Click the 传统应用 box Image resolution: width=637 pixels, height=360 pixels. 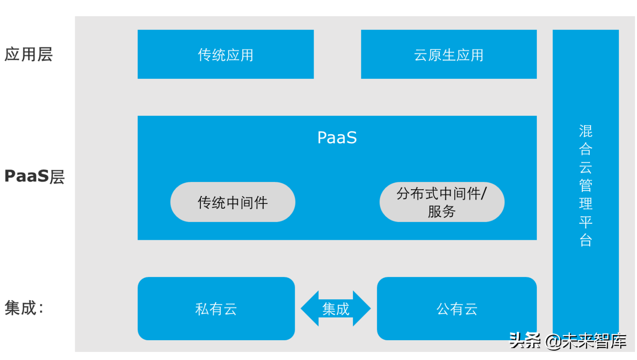tap(226, 54)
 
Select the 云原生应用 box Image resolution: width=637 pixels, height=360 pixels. tap(449, 54)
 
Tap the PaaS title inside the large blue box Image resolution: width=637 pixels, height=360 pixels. tap(337, 138)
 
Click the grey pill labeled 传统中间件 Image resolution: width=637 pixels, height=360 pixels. tap(233, 202)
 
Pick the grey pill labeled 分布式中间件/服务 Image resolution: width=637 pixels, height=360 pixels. tap(442, 202)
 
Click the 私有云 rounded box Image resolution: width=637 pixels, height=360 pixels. tap(216, 309)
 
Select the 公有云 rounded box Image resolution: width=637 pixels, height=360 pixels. tap(457, 309)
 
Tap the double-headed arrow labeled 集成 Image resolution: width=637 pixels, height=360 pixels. tap(335, 309)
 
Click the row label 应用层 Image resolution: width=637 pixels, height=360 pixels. tap(28, 54)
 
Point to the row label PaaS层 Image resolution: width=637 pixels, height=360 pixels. tap(34, 176)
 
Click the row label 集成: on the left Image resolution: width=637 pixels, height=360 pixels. tap(23, 308)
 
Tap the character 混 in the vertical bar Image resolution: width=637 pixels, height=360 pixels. tap(586, 131)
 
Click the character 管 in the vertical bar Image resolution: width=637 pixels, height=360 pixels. tap(586, 185)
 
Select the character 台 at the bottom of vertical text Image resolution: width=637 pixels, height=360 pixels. tap(586, 240)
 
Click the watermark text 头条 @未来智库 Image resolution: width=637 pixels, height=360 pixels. tap(567, 341)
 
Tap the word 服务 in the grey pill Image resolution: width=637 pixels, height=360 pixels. tap(442, 212)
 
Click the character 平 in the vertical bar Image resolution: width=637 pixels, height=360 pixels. tap(586, 222)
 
